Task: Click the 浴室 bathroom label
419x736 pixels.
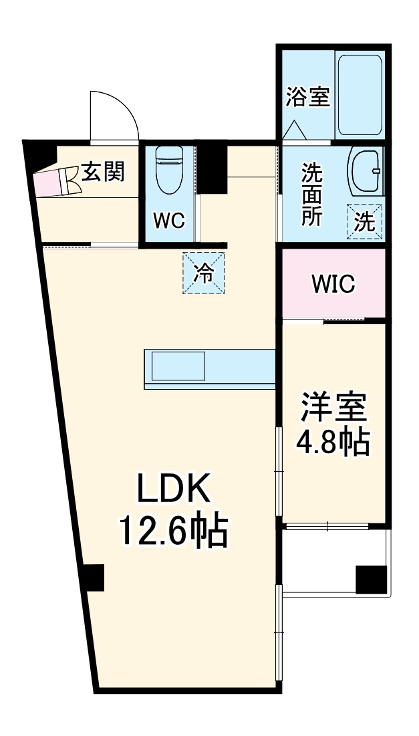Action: [x=308, y=98]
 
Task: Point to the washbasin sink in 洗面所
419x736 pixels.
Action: [x=364, y=172]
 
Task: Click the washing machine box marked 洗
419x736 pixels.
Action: [x=364, y=221]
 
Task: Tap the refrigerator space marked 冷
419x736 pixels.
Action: [x=204, y=273]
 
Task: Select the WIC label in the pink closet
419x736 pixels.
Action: [x=333, y=284]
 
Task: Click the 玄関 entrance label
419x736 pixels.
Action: [x=103, y=172]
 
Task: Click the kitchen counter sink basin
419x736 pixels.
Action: [x=178, y=366]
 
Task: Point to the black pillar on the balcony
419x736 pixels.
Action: [x=371, y=579]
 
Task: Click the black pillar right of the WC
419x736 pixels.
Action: [x=213, y=167]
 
